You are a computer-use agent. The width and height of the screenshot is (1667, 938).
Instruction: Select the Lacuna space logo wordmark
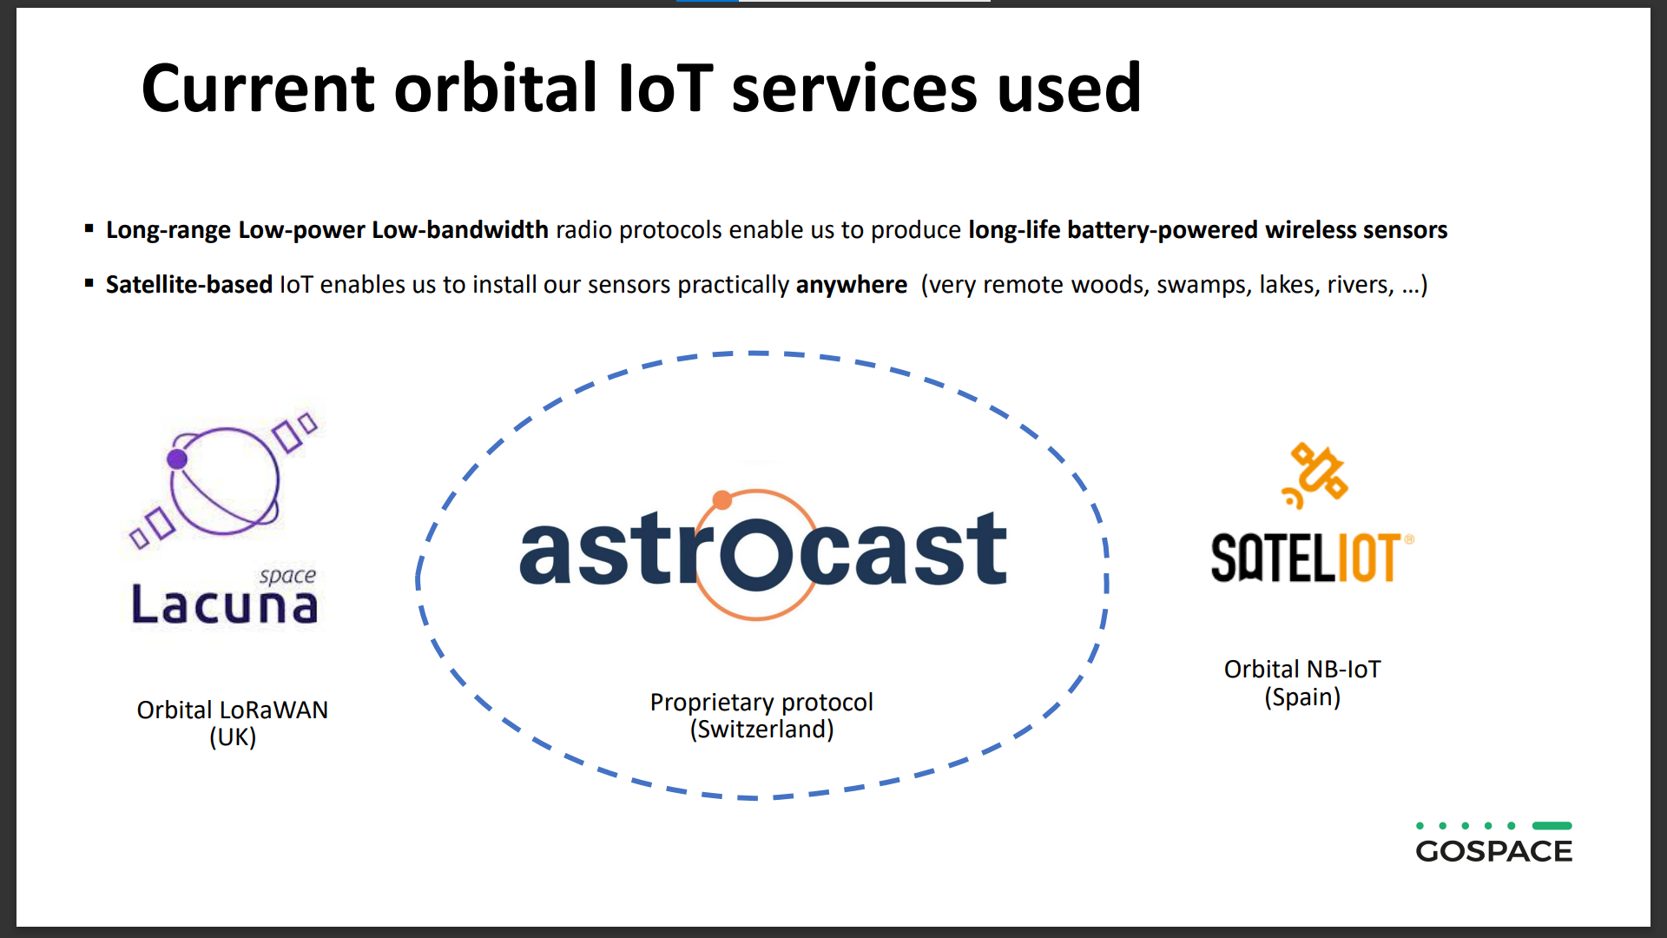point(224,598)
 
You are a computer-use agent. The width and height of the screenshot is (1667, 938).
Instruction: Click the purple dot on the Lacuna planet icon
point(177,459)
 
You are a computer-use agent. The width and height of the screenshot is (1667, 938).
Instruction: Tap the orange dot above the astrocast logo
point(721,499)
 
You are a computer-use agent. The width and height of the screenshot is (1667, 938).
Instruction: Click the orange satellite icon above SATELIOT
point(1314,474)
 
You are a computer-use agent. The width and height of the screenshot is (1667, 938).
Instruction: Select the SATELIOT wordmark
point(1312,558)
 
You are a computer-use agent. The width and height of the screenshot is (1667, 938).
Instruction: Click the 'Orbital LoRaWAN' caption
point(233,710)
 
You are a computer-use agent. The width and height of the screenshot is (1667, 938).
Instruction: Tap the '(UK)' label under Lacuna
point(233,737)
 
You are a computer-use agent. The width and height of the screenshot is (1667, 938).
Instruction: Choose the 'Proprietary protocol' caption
point(761,702)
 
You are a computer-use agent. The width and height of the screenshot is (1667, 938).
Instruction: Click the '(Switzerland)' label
point(761,729)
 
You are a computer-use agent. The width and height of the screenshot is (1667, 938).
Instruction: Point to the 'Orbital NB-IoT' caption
point(1302,669)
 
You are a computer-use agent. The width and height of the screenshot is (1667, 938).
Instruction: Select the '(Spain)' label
point(1302,697)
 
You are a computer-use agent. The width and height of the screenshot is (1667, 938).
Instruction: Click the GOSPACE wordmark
point(1494,851)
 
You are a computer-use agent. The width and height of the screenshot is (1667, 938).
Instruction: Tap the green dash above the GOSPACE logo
point(1552,826)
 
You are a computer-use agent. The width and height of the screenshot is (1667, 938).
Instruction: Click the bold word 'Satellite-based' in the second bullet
point(189,284)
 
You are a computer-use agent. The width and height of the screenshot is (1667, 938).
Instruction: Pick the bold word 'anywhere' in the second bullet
point(852,285)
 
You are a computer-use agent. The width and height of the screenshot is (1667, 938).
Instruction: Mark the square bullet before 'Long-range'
point(89,228)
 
